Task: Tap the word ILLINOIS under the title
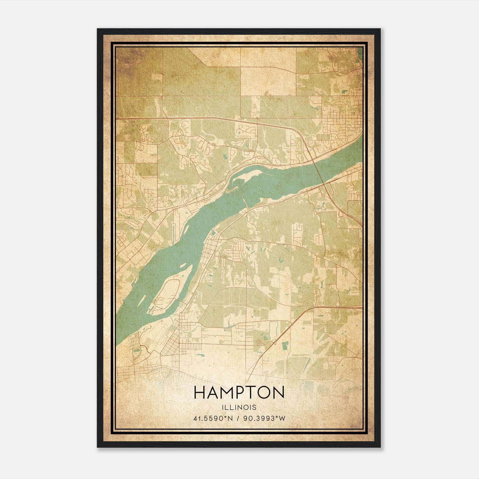[239, 407]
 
